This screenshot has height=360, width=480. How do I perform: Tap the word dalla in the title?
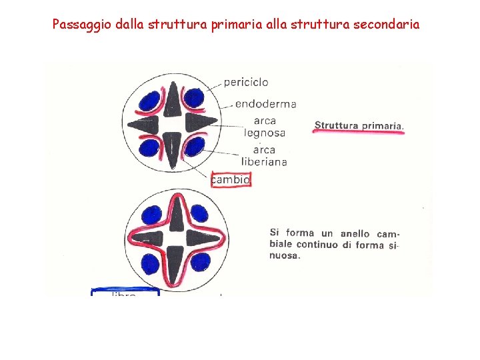(x=133, y=25)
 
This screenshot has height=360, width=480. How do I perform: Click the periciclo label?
(x=246, y=83)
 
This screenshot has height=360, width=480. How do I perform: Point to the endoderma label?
(x=265, y=104)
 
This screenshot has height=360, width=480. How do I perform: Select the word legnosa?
(x=265, y=133)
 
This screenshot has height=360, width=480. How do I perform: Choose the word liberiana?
(x=265, y=161)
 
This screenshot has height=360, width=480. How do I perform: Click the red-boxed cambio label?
(x=231, y=179)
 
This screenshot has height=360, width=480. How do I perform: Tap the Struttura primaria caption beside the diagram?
(x=359, y=125)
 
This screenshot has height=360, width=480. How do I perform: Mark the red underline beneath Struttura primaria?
(x=359, y=133)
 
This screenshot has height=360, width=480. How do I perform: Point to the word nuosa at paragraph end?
(x=284, y=256)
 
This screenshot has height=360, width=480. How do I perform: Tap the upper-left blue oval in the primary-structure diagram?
(x=150, y=103)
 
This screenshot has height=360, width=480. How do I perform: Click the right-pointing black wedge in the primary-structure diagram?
(x=201, y=123)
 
